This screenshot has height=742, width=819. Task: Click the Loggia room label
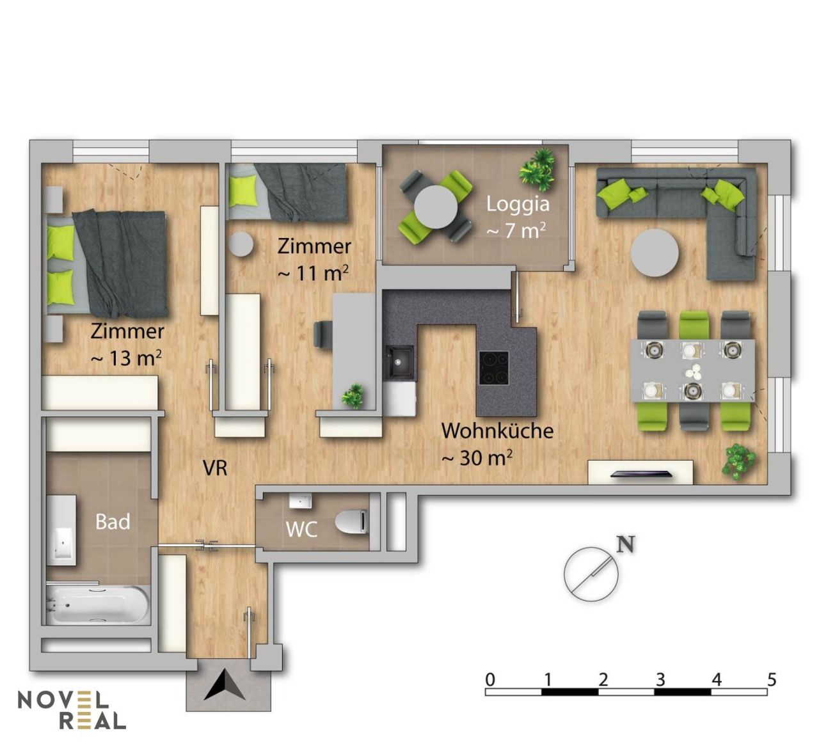[518, 205]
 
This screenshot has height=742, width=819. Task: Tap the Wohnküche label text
[497, 431]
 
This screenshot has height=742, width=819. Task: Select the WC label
[301, 530]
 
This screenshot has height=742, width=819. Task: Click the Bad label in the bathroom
[113, 521]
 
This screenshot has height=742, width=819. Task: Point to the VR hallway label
[215, 468]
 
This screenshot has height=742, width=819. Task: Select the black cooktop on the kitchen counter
[493, 368]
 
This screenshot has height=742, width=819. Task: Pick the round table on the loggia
[436, 207]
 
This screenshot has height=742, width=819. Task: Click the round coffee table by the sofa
[655, 253]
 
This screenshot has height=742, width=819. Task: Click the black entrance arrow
[225, 685]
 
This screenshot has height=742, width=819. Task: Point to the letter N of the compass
[626, 545]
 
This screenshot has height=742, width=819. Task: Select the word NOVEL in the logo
[63, 700]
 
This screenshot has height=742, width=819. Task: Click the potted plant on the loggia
[537, 170]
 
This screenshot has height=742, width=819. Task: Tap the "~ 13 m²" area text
[126, 358]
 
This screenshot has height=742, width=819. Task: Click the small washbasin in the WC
[300, 501]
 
